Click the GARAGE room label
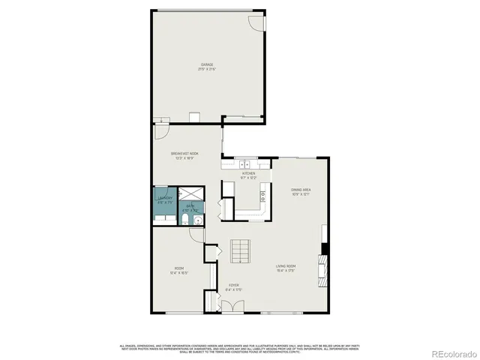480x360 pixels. pos(206,65)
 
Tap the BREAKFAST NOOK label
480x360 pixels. pos(184,153)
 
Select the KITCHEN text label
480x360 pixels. pos(248,173)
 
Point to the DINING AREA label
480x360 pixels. pos(301,190)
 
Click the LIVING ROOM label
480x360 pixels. pos(286,266)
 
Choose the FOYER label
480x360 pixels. pos(234,286)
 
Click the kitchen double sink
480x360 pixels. pos(244,163)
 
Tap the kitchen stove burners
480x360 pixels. pos(263,196)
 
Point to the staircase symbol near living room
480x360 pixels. pos(239,252)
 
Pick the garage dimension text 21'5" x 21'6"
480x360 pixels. pos(206,70)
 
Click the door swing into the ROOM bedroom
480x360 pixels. pos(196,234)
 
